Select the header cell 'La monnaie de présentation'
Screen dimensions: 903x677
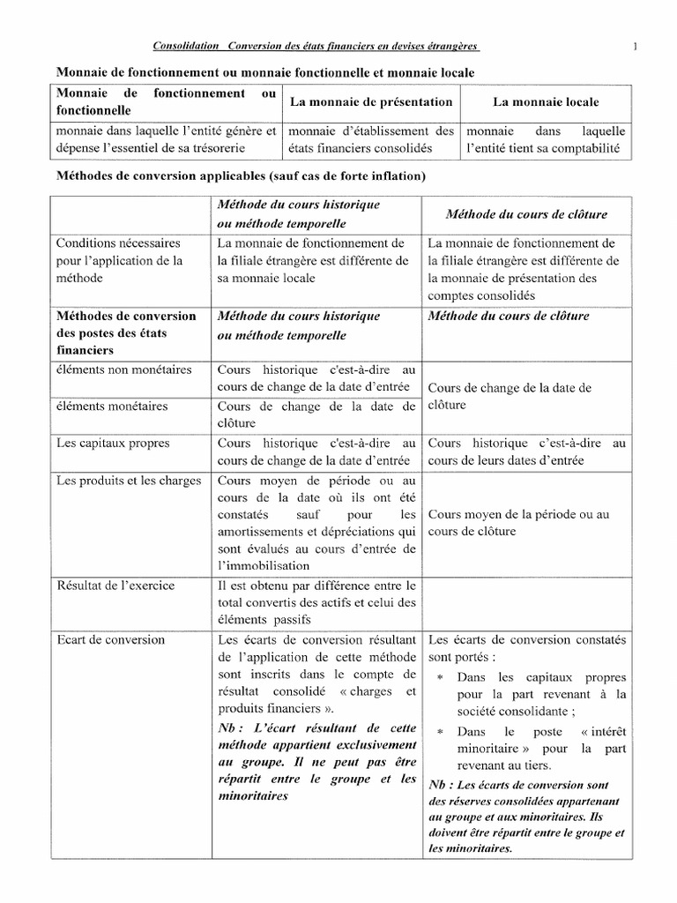[371, 102]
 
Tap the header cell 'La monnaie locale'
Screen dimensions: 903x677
[545, 102]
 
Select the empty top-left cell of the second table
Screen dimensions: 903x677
[132, 213]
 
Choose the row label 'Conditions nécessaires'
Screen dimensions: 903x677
[118, 243]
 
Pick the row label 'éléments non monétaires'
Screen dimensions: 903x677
[123, 369]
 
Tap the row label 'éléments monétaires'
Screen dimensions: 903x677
[112, 407]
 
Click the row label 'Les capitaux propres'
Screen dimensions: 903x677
[113, 444]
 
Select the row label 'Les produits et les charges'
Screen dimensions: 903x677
[129, 481]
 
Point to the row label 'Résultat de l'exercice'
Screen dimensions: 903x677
[115, 586]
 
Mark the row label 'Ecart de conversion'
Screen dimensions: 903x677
[110, 640]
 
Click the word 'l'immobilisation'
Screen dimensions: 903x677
[263, 565]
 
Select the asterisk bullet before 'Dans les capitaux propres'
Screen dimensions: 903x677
[439, 677]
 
